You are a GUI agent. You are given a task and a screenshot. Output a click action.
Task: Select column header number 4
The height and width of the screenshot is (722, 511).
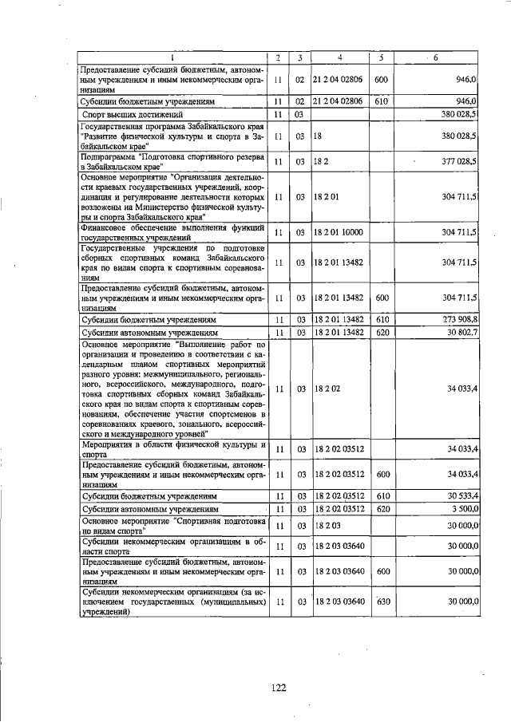point(340,57)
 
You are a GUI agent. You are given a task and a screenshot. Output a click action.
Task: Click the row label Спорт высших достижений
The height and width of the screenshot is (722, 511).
point(129,115)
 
